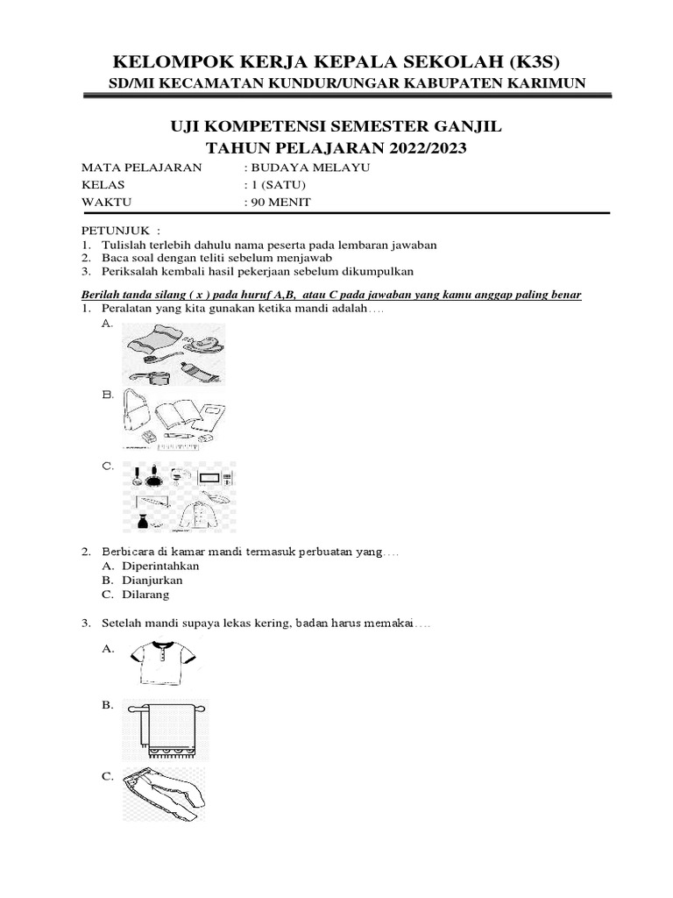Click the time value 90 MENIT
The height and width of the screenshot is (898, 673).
(x=280, y=202)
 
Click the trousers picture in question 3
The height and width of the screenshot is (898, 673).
(x=166, y=794)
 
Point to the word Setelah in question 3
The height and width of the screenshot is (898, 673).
(x=123, y=624)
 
